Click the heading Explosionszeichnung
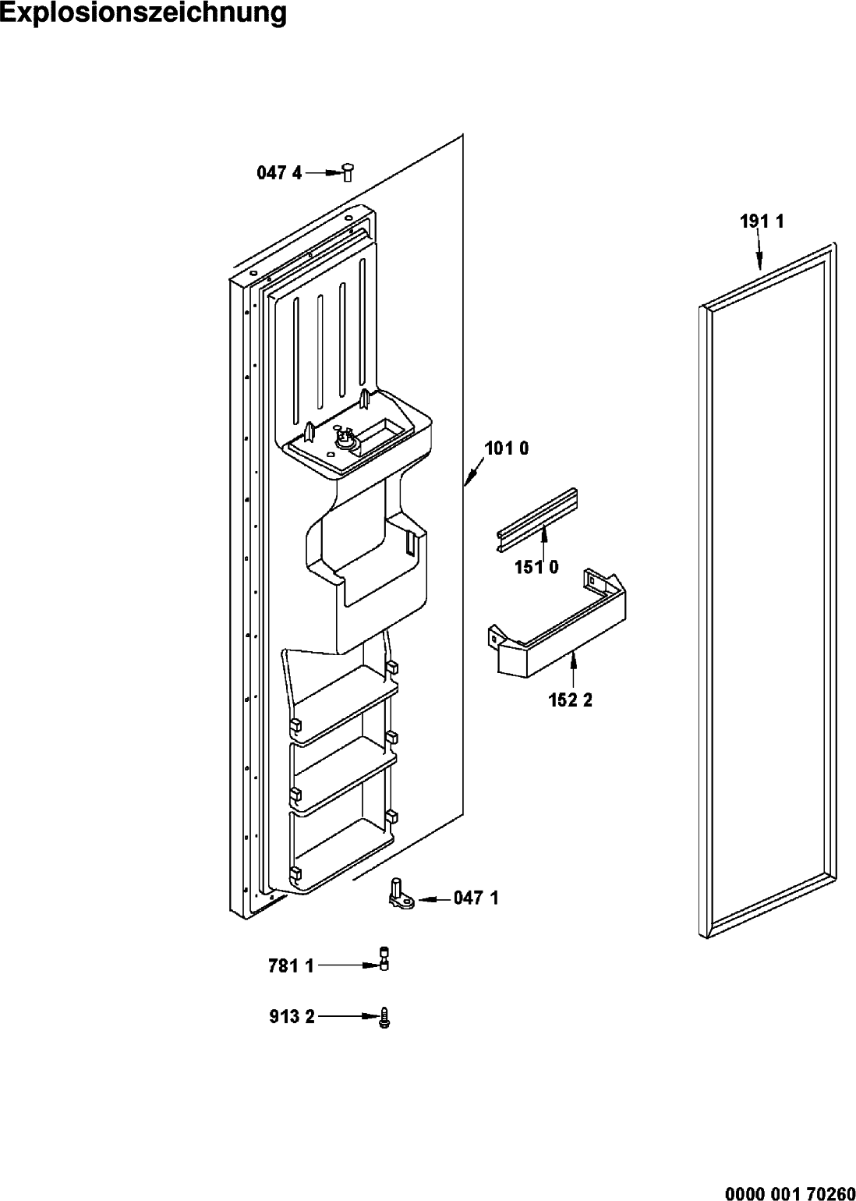tap(143, 12)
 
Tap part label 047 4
tap(279, 172)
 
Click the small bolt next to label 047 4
tap(348, 172)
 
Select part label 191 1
tap(762, 221)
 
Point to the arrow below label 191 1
tap(760, 250)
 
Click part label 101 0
tap(507, 448)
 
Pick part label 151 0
tap(536, 567)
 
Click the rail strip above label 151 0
tap(536, 519)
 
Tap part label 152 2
tap(571, 700)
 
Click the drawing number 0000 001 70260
tap(790, 1192)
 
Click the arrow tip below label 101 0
tap(465, 485)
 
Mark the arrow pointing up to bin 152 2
tap(574, 668)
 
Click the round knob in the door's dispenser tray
tap(341, 441)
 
